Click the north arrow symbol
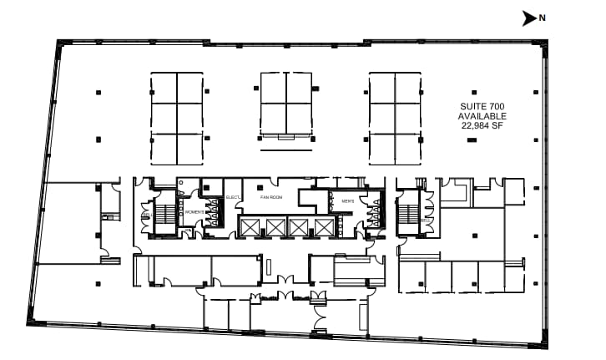coord(528,18)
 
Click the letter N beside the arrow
coord(542,18)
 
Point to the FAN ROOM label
coord(271,197)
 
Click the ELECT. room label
coord(233,197)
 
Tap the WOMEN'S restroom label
coord(194,212)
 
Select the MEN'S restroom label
coord(346,201)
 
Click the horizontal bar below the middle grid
coord(285,151)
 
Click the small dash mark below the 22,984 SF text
coord(472,141)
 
